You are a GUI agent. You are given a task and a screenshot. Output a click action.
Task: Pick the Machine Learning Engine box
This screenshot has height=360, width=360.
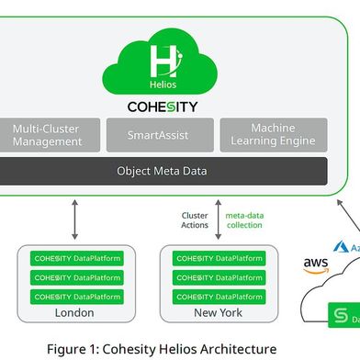(273, 136)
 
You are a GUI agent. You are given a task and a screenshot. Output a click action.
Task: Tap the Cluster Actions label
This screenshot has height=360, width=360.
(196, 221)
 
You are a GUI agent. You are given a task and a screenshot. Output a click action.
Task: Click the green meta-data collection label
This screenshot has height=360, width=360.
(244, 221)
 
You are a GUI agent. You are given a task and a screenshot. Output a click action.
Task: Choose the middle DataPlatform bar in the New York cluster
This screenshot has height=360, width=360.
(219, 277)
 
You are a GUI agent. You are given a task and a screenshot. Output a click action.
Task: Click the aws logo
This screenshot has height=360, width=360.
(315, 265)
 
